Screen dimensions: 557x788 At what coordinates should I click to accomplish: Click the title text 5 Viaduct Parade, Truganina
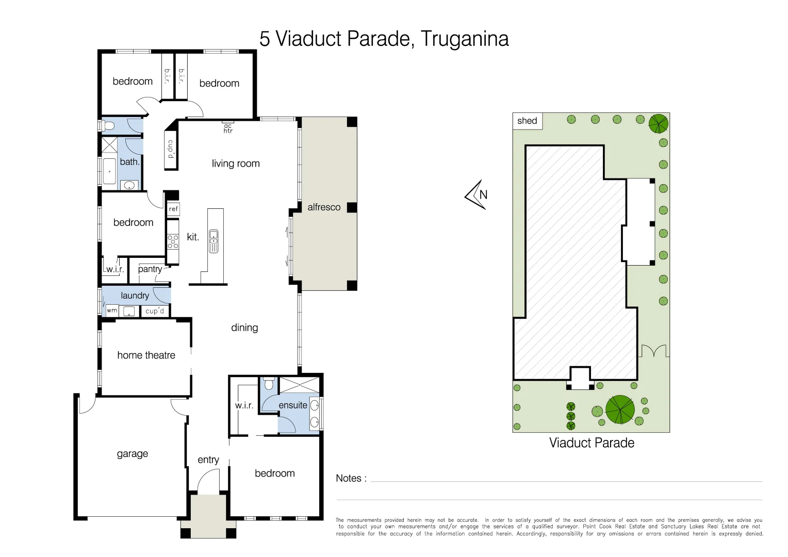coord(384,39)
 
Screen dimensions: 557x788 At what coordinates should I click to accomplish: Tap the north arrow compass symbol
coord(477,194)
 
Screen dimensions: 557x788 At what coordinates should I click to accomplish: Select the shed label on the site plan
coord(527,121)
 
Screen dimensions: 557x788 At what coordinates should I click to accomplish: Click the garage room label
coord(132,454)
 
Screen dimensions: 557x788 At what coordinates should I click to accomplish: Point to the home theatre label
coord(146,355)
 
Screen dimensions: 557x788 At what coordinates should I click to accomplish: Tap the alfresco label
coord(324,207)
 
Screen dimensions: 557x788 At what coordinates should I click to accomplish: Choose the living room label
coord(236,164)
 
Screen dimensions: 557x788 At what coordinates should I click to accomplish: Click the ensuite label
coord(292,405)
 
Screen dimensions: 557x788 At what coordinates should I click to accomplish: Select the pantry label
coord(150,269)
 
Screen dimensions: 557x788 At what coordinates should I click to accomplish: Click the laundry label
coord(135,296)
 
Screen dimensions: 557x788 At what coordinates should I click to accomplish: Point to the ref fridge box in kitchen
coord(173,209)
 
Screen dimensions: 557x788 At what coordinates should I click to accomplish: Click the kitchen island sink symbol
coord(214,241)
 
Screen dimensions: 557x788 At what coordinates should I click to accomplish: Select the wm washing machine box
coord(112,310)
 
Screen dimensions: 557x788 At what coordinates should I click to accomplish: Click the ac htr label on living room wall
coord(228,128)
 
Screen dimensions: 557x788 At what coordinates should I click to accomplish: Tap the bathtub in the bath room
coord(109,171)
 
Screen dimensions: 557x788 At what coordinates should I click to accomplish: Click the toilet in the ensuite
coord(268,384)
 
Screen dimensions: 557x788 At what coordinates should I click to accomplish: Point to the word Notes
coord(351,479)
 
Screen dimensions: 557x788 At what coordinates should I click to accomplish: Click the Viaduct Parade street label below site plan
coord(592,443)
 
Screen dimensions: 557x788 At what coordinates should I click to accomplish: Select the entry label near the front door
coord(208,460)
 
